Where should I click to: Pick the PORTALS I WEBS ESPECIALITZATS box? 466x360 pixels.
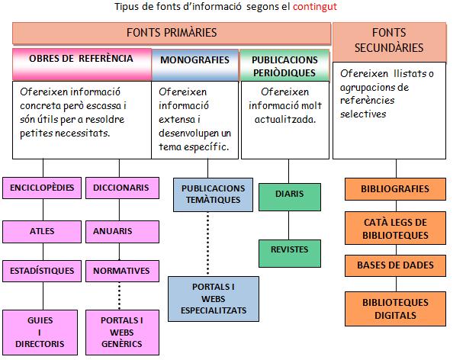tap(213, 298)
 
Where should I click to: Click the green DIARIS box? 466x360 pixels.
tap(288, 194)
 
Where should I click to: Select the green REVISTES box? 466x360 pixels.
tap(288, 249)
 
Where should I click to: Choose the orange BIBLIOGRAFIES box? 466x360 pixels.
tap(395, 188)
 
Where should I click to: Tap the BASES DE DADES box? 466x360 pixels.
tap(395, 265)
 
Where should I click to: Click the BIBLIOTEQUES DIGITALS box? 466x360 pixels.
tap(395, 308)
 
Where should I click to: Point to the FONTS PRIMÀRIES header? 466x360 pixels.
tap(171, 33)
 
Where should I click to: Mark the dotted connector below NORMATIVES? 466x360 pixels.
tap(120, 295)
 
